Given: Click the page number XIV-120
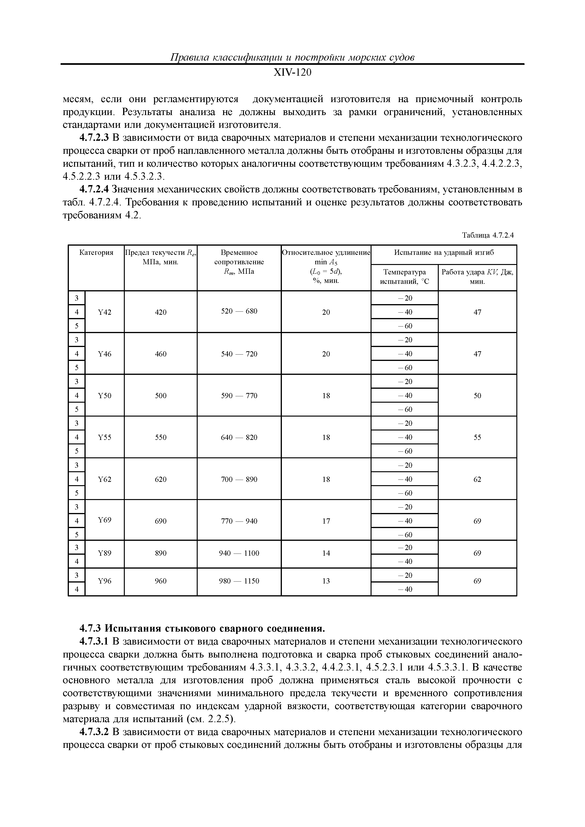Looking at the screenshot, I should tap(292, 73).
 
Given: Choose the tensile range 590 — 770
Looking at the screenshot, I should tap(239, 396).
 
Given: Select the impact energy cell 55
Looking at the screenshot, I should tap(477, 438).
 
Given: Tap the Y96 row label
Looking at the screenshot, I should tap(104, 581).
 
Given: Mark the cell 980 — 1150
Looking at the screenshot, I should tap(239, 581).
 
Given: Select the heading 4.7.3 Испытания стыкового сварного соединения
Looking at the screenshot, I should tap(202, 629).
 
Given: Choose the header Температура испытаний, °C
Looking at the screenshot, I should tap(404, 277).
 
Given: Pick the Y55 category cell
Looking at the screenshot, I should tap(104, 438).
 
